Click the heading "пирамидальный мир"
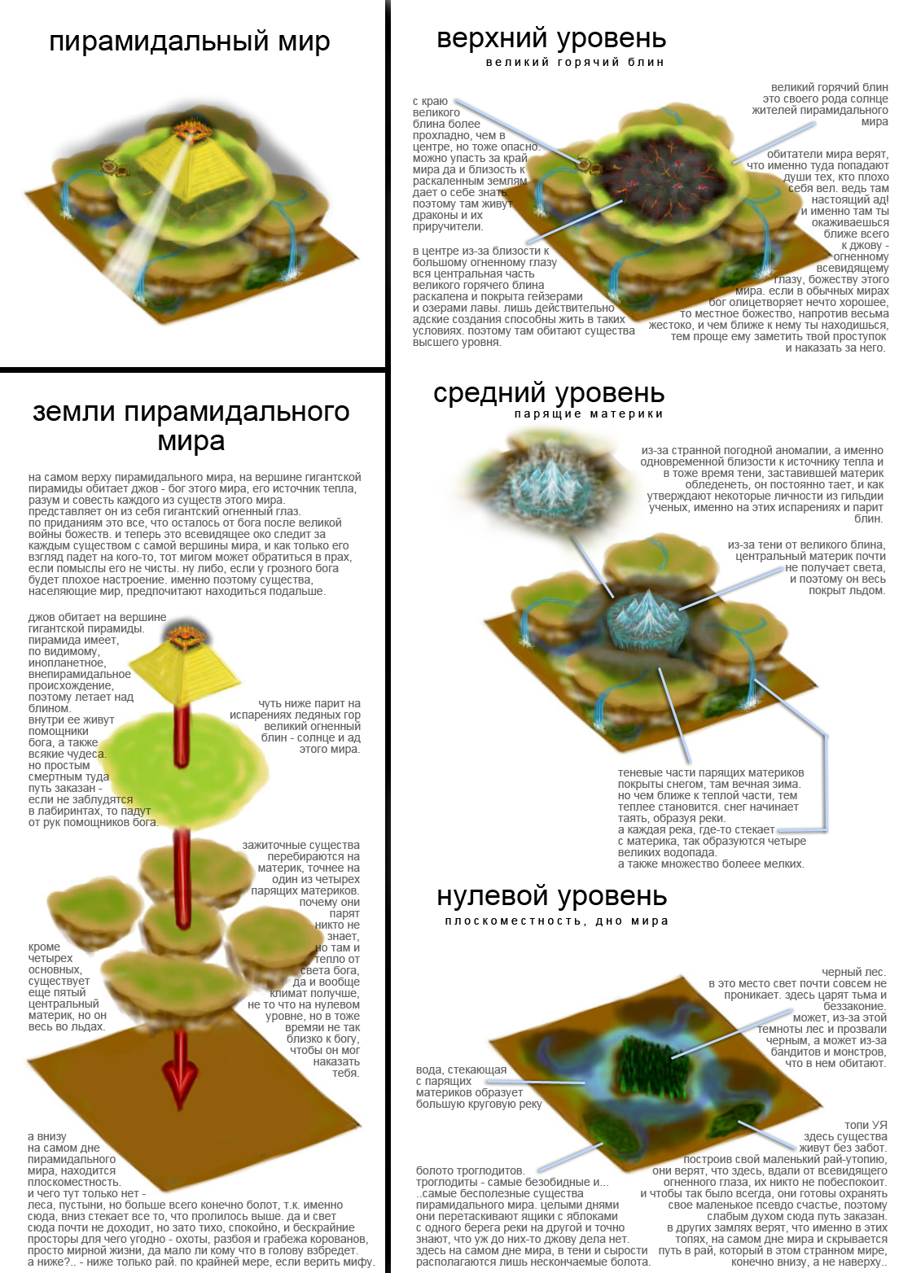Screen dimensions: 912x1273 coord(190,42)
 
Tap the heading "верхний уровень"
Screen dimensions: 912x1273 coord(551,39)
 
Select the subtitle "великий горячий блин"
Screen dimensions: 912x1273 coord(575,63)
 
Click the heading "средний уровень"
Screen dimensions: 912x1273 coord(549,393)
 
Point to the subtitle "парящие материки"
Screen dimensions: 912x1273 coord(589,414)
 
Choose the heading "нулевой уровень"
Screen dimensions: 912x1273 coord(551,896)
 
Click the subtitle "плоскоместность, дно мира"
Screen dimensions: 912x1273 coord(557,921)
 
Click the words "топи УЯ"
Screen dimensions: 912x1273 coord(866,1125)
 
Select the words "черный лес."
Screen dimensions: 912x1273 coord(853,973)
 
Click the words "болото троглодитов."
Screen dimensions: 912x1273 coord(470,1170)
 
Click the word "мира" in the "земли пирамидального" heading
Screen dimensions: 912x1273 coord(191,442)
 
